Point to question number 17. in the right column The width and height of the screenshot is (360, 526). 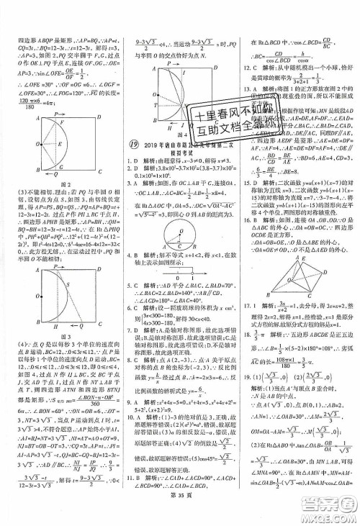click(x=248, y=325)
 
